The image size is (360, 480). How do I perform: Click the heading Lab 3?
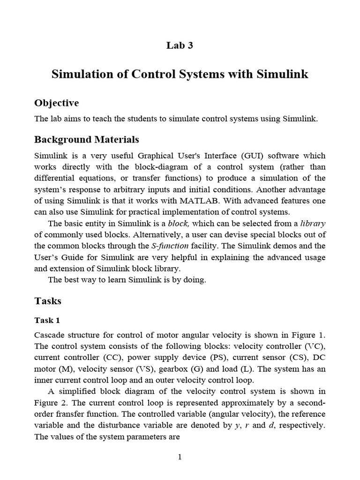point(180,45)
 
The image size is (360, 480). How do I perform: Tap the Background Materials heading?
point(87,140)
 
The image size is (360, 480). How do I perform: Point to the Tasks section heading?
point(48,300)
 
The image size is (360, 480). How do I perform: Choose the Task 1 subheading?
point(47,321)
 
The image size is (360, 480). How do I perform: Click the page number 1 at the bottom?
point(180,457)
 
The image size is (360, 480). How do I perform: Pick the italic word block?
point(179,223)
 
